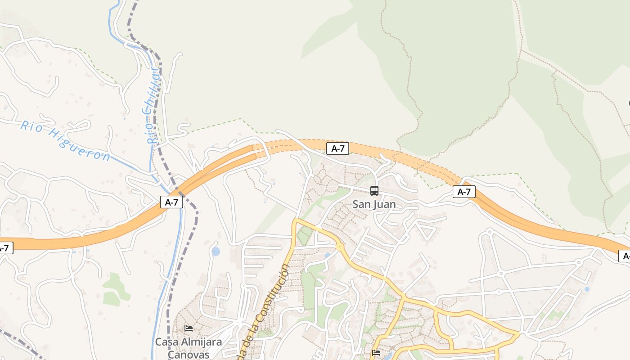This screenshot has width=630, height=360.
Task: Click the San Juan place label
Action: [374, 204]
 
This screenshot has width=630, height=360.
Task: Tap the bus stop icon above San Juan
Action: [374, 191]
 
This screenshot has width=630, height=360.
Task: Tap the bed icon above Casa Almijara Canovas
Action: [189, 328]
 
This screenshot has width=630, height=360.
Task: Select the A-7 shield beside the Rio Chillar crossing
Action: [171, 202]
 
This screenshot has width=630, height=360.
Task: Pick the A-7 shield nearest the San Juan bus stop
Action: [337, 148]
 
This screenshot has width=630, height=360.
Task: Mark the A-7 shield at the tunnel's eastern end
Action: [463, 192]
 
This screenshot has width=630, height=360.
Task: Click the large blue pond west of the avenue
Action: [216, 251]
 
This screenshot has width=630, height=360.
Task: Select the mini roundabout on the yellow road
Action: [340, 247]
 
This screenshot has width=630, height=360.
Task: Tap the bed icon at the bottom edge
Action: [376, 353]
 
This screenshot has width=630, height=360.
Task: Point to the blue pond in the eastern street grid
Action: [586, 289]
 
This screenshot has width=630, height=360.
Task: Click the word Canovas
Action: [189, 354]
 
